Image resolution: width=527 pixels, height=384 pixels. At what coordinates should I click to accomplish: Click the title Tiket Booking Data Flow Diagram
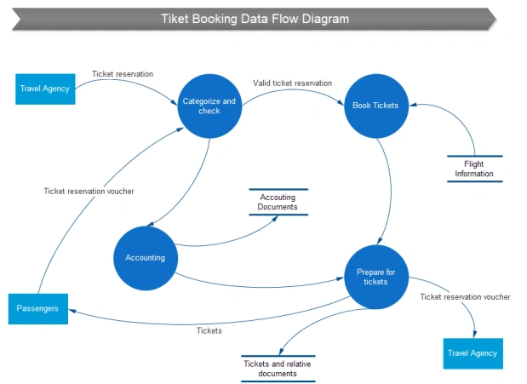tap(255, 19)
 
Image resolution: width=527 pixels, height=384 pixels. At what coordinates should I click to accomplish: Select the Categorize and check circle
tap(209, 106)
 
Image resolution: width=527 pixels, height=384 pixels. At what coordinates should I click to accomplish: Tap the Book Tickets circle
tap(375, 106)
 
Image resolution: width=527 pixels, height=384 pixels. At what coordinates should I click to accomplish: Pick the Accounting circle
tap(146, 257)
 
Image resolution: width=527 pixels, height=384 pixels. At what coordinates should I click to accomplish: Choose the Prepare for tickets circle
tap(375, 277)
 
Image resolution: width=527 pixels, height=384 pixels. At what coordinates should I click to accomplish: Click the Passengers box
tap(37, 308)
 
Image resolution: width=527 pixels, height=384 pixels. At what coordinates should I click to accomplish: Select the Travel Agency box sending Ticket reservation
tap(45, 89)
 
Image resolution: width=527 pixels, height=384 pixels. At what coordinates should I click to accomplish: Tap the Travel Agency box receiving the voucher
tap(473, 352)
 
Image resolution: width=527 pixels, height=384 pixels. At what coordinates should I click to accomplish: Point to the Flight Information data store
tap(474, 168)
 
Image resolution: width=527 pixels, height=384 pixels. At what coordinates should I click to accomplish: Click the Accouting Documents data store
tap(278, 202)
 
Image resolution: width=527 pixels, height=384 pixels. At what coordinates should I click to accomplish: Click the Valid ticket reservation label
tap(292, 83)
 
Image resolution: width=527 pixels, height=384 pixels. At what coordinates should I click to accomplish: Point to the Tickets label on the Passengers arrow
tap(209, 330)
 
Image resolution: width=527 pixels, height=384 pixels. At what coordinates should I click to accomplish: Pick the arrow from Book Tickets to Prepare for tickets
tap(390, 187)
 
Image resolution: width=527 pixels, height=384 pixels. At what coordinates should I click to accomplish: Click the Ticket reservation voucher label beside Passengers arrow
tap(89, 191)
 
